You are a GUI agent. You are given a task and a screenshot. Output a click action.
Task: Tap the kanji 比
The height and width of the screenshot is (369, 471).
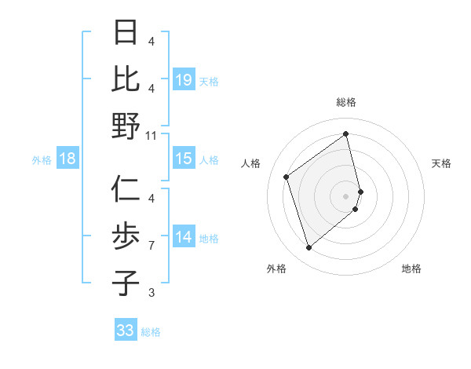pyautogui.click(x=126, y=80)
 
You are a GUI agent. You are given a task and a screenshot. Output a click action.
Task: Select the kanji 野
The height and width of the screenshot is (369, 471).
pyautogui.click(x=126, y=126)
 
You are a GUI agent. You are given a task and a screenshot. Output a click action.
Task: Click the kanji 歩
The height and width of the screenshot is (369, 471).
pyautogui.click(x=126, y=236)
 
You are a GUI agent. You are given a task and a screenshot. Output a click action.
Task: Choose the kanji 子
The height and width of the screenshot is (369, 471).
pyautogui.click(x=126, y=283)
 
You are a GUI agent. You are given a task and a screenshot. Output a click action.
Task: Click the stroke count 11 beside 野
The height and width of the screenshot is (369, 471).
pyautogui.click(x=152, y=136)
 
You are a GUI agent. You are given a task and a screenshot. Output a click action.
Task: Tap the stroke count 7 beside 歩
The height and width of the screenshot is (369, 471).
pyautogui.click(x=152, y=247)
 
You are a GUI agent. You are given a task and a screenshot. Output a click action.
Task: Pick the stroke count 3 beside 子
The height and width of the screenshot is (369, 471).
pyautogui.click(x=152, y=293)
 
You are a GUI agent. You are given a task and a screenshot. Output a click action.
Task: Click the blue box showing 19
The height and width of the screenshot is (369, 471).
pyautogui.click(x=184, y=80)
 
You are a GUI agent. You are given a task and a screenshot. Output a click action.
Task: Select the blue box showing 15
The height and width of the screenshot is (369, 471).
pyautogui.click(x=184, y=159)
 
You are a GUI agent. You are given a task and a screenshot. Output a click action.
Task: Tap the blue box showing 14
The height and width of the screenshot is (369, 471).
pyautogui.click(x=184, y=238)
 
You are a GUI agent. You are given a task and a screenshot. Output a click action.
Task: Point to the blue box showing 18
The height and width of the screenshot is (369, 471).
pyautogui.click(x=68, y=159)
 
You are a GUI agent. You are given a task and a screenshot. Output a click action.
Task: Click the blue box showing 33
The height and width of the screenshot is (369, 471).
pyautogui.click(x=126, y=331)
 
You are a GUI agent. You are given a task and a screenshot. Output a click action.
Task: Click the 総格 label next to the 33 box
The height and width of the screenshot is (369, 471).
pyautogui.click(x=151, y=332)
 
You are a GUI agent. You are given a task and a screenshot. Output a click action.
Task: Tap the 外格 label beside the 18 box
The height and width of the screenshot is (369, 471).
pyautogui.click(x=42, y=160)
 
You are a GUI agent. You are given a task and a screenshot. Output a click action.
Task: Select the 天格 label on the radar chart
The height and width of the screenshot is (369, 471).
pyautogui.click(x=441, y=163)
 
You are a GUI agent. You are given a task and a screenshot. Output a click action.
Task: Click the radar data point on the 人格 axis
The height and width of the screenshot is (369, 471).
pyautogui.click(x=287, y=177)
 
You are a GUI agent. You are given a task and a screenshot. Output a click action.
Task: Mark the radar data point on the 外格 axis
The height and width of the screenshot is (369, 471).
pyautogui.click(x=309, y=248)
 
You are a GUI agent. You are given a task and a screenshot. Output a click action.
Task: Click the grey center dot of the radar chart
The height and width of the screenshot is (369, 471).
pyautogui.click(x=346, y=195)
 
